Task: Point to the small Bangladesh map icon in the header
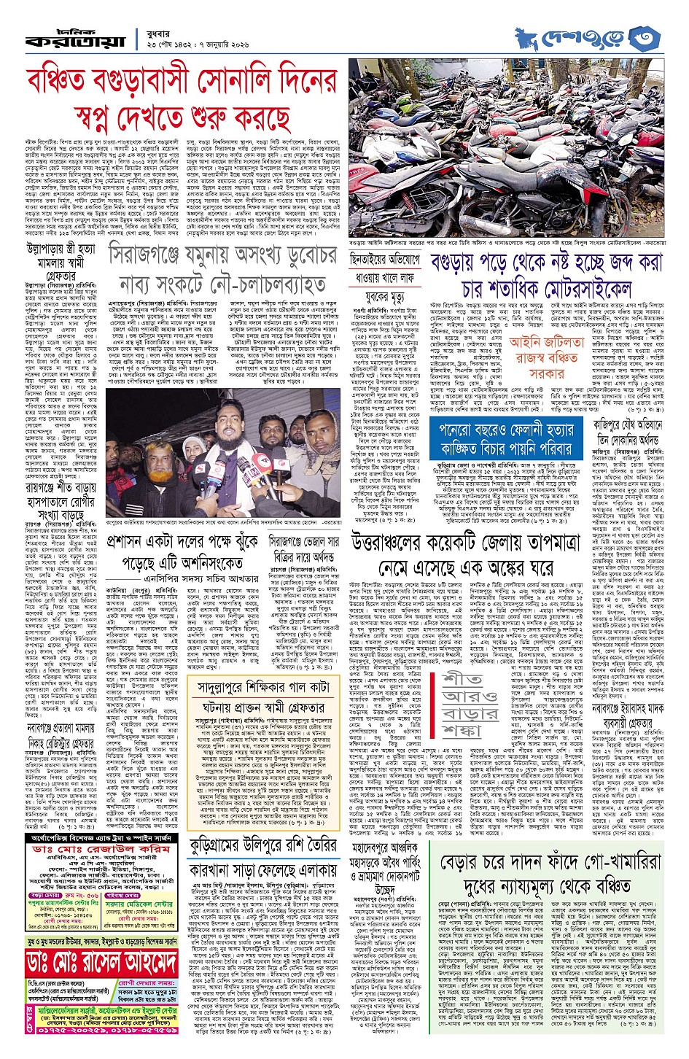(526, 33)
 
